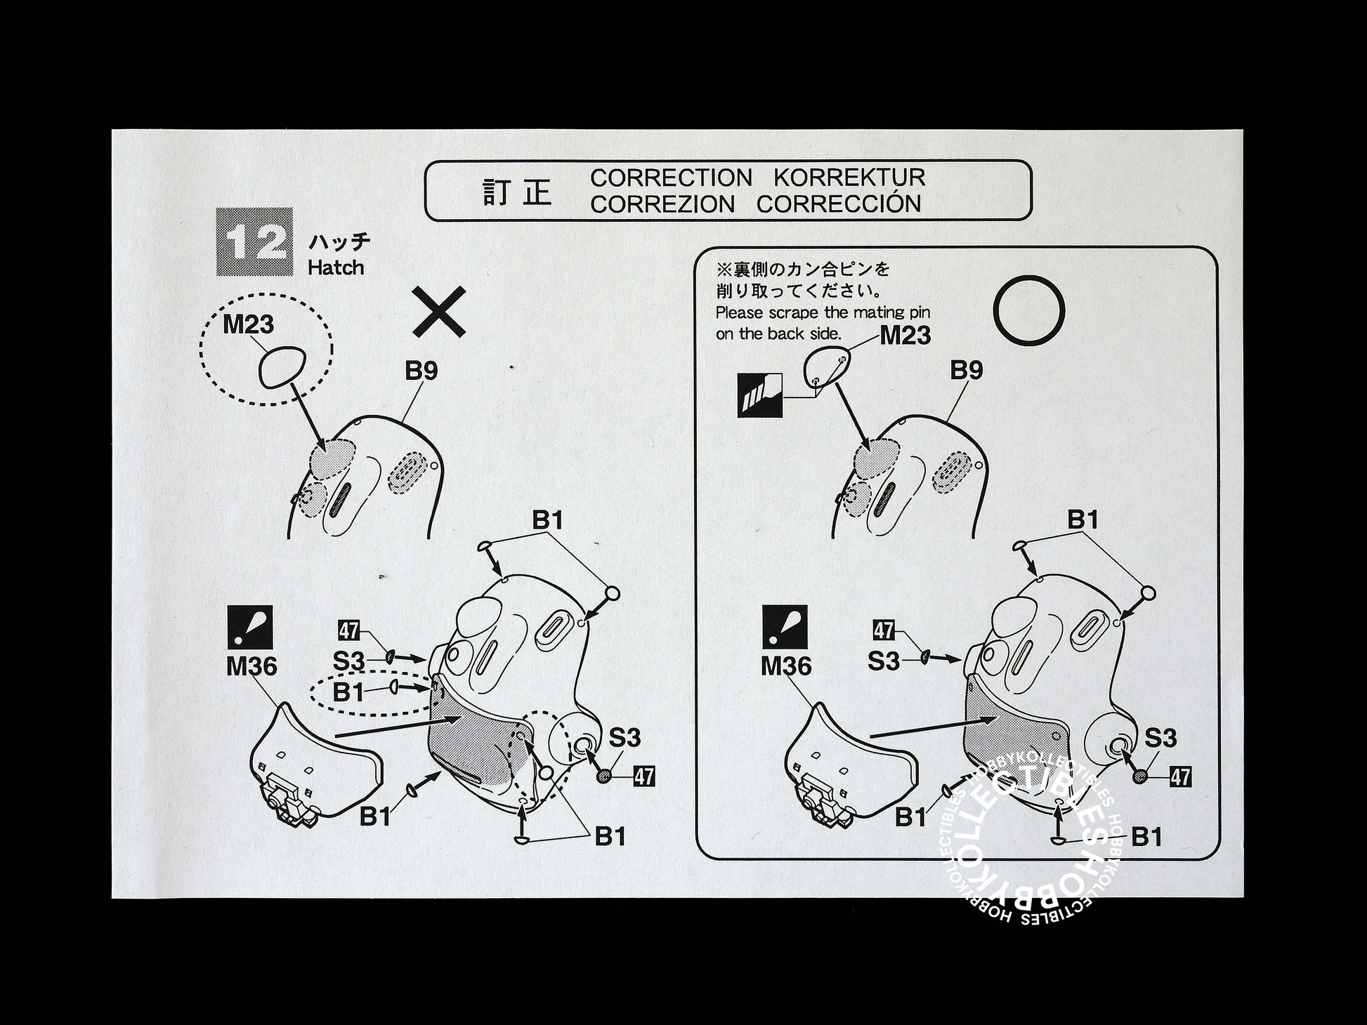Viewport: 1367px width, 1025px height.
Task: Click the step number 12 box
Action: point(254,242)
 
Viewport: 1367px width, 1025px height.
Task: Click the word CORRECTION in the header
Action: point(670,178)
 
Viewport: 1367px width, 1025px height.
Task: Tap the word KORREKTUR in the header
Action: point(849,178)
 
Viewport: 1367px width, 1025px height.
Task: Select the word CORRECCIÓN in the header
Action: point(839,203)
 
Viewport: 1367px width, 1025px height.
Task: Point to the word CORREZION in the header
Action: point(662,204)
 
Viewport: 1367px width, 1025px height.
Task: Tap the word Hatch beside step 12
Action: point(336,267)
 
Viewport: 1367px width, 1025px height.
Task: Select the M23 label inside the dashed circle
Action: point(248,325)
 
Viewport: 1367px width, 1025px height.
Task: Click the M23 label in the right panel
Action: point(905,336)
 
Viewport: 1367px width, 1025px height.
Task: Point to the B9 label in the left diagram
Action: point(421,370)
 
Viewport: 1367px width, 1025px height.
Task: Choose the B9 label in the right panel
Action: point(966,370)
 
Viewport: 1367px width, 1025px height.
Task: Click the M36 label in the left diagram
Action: point(251,666)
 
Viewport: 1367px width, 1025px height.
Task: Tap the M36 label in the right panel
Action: point(786,666)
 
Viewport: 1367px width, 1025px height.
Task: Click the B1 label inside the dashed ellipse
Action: point(348,692)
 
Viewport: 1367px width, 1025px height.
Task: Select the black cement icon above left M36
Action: point(250,626)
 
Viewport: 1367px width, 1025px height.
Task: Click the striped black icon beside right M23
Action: point(759,396)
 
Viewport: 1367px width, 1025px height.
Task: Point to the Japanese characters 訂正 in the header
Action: point(518,192)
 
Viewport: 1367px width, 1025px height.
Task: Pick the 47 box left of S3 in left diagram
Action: point(348,630)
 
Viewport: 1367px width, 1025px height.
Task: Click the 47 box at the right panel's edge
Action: point(1180,776)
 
